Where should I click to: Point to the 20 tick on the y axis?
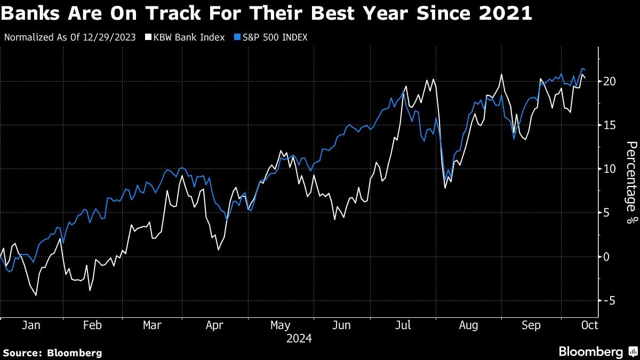[610, 82]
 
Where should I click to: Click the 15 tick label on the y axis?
[610, 125]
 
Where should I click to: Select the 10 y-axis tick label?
[610, 169]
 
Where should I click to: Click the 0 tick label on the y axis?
[606, 257]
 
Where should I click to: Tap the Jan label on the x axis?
[31, 325]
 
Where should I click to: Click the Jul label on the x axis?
[403, 325]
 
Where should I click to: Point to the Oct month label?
[589, 325]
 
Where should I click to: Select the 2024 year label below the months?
[299, 338]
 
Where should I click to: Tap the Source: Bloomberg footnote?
[52, 353]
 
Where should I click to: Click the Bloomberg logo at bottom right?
[597, 351]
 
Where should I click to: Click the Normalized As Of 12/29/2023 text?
[69, 37]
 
